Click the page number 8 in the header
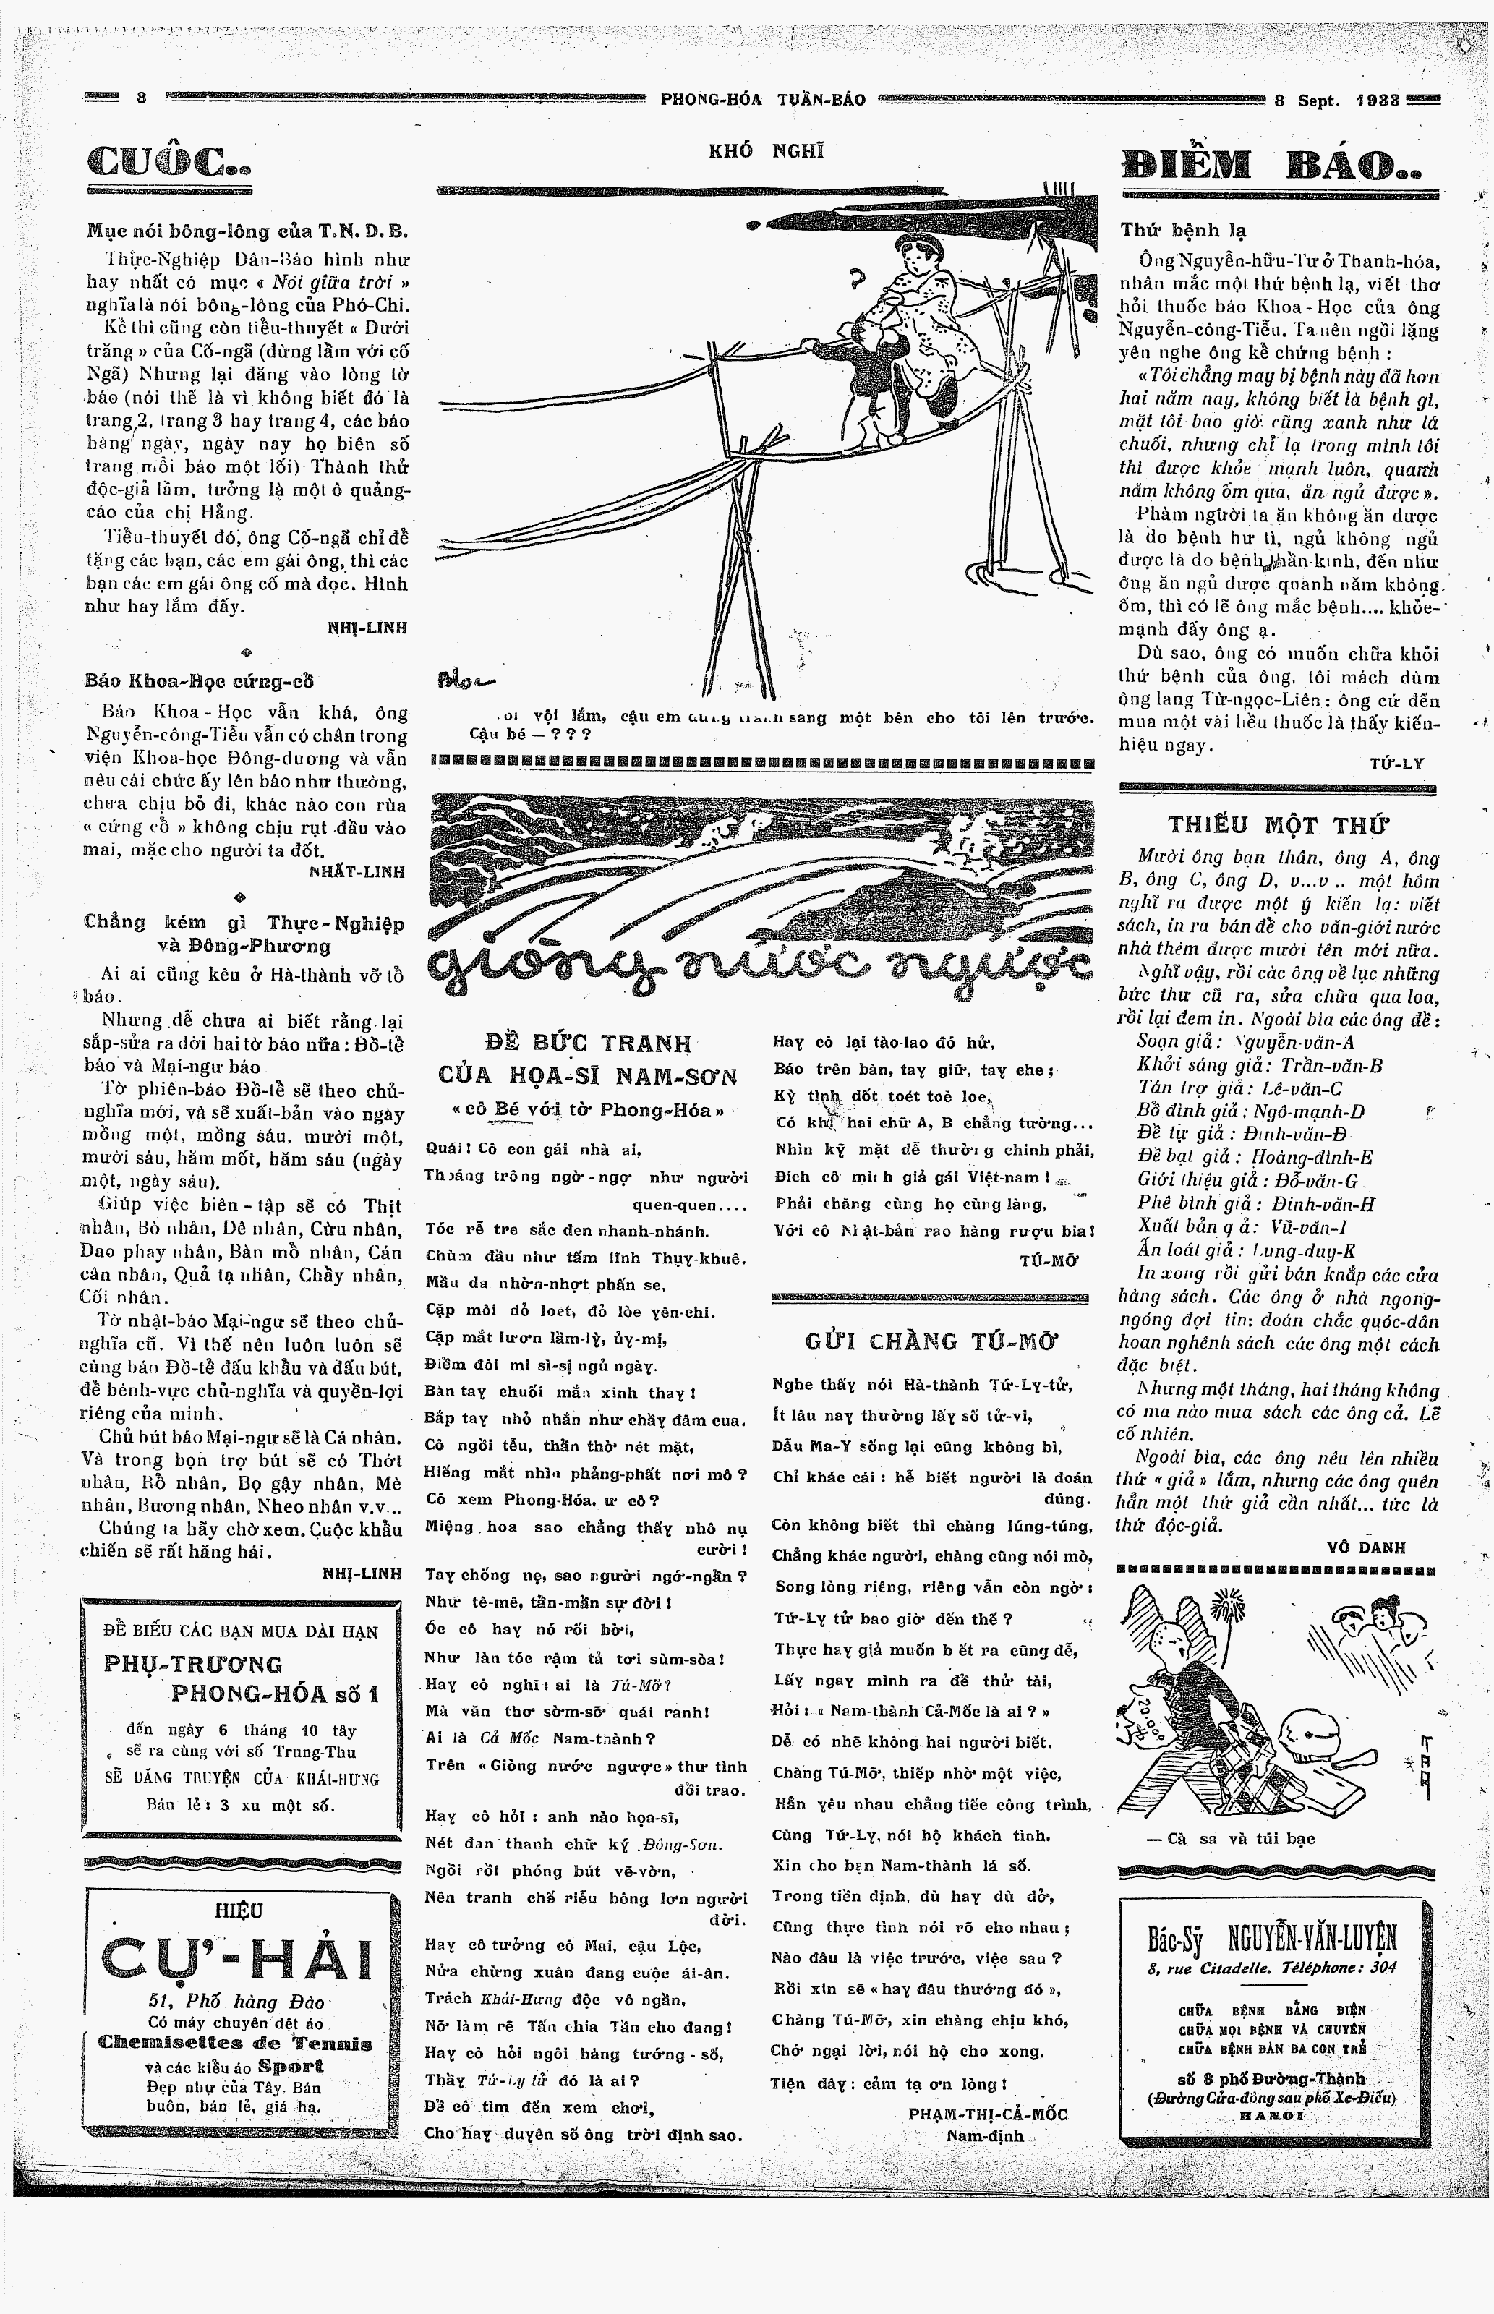tap(141, 98)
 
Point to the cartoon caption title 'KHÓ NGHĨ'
tap(767, 150)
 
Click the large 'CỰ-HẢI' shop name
tap(238, 1959)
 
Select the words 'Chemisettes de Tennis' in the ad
tap(235, 2044)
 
